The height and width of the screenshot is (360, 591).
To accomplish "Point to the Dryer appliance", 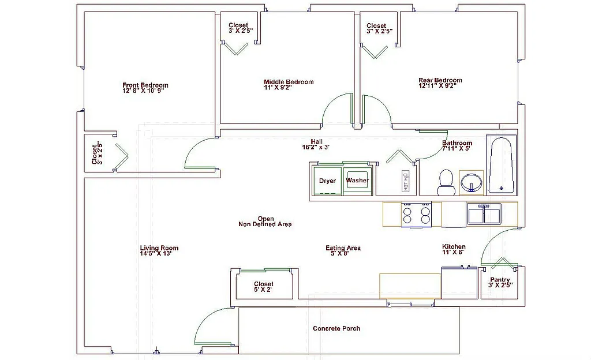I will [327, 181].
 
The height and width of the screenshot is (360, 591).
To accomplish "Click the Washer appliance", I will [357, 181].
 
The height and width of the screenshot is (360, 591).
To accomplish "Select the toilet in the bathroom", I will [446, 182].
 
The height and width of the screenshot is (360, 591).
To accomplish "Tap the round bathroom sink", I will [472, 183].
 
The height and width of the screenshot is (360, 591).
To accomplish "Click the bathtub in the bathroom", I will [501, 165].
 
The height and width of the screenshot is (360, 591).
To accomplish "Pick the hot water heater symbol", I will [406, 182].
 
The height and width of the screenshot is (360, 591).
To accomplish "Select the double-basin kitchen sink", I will [484, 215].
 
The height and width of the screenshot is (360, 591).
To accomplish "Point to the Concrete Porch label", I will [336, 328].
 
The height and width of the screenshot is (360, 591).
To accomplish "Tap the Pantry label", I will [499, 280].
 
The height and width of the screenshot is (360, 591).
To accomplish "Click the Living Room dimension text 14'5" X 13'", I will [156, 253].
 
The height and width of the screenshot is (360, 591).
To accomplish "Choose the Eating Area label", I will [343, 248].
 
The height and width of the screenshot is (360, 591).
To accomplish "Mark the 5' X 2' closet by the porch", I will [263, 287].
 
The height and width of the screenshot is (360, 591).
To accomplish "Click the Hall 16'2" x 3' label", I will [316, 144].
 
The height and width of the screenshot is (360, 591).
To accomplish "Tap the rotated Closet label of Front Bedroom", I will [96, 153].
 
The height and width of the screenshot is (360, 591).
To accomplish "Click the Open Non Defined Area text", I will [265, 222].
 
